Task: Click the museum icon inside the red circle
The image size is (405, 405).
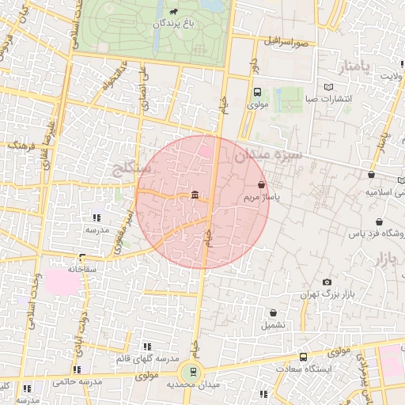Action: (x=195, y=196)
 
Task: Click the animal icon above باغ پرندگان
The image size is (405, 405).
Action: (x=173, y=12)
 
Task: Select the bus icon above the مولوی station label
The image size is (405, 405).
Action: (x=257, y=92)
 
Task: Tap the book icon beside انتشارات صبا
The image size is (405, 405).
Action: (x=329, y=87)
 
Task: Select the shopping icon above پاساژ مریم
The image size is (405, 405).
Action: (x=262, y=184)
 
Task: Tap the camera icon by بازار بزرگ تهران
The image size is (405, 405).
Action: (x=327, y=282)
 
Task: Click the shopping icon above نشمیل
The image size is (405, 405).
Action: (x=274, y=313)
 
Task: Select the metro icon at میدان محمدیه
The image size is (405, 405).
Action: (x=191, y=372)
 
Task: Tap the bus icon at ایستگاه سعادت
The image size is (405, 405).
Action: (x=304, y=357)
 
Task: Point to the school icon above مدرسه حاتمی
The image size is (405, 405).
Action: (x=78, y=369)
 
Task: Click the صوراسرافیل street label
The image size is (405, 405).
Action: (x=292, y=40)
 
